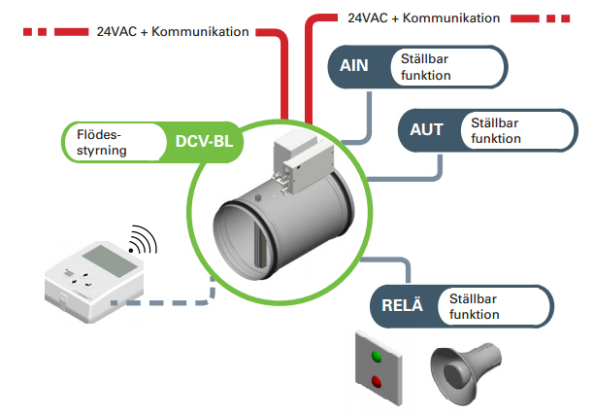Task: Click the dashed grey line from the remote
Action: tap(165, 302)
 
